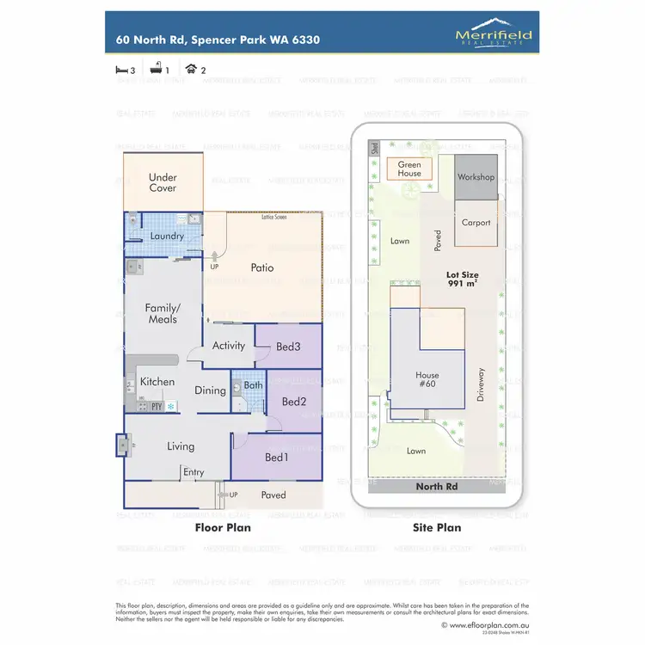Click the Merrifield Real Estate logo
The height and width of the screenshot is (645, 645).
coord(493,35)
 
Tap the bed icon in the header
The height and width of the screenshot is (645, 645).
coord(120,71)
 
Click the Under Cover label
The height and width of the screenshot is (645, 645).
coord(163,183)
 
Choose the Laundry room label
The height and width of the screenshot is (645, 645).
coord(167,236)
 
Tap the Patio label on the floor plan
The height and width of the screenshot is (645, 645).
coord(261,268)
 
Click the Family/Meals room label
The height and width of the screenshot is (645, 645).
coord(163,313)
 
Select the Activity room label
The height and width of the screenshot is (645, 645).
coord(229,346)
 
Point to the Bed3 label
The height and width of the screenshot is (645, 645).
coord(287,347)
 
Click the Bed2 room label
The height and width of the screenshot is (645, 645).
coord(294,402)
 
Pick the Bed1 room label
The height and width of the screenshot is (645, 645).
coord(277,456)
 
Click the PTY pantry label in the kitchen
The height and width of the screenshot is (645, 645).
coord(157,406)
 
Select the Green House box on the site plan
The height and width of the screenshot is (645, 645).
coord(409,169)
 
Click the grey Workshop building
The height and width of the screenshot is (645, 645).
coord(476,177)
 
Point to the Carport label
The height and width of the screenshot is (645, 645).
coord(476,223)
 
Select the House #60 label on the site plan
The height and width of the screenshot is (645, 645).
coord(427,380)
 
